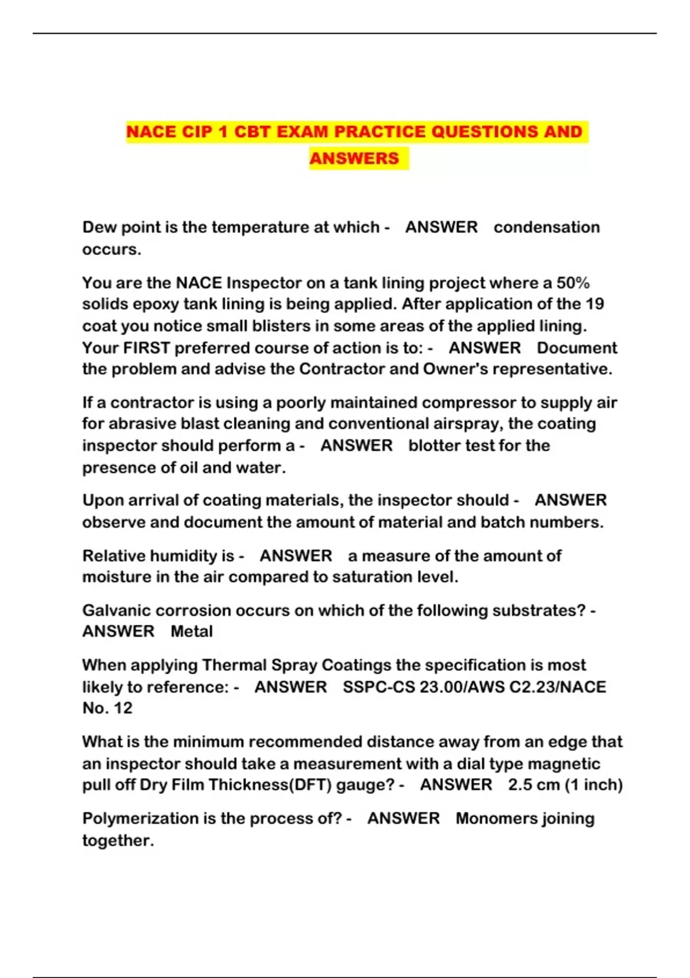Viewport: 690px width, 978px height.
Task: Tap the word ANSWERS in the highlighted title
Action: point(354,158)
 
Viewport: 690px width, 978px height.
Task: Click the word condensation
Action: point(546,227)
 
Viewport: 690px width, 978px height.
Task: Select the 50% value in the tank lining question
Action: point(573,283)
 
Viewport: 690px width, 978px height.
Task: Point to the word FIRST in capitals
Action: point(147,348)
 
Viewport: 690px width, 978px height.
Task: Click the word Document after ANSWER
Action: point(577,348)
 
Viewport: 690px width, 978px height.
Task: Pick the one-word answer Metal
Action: point(191,632)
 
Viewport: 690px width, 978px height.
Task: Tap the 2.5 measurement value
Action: point(519,785)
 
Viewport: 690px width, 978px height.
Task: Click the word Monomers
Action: point(490,819)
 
